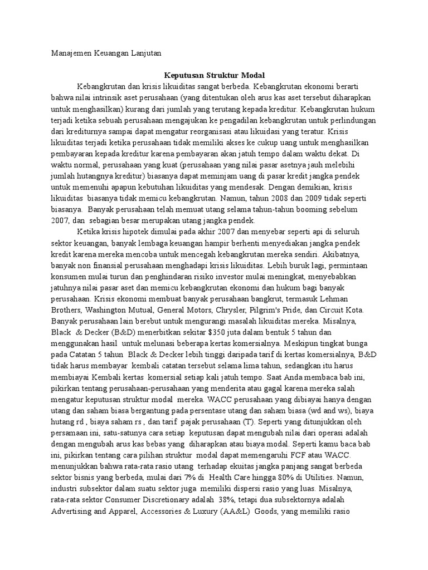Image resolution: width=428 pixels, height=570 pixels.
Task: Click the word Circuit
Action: [335, 308]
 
